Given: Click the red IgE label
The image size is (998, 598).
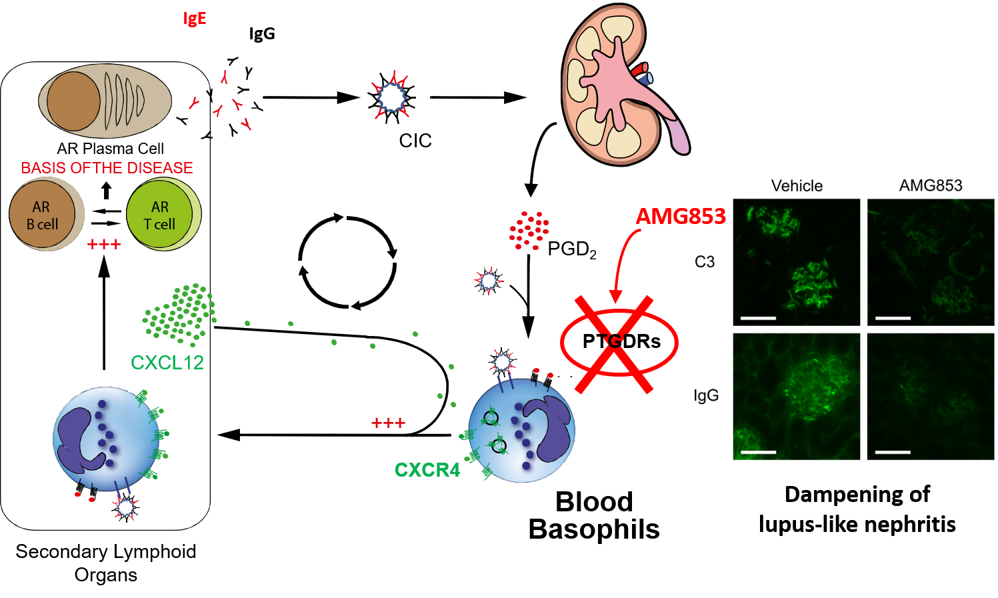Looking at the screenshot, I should point(195,18).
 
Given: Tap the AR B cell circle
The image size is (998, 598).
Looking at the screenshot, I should point(42,215).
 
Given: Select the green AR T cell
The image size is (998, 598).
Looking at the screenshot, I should point(160,215).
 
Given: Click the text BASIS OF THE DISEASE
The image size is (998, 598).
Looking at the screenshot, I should point(107,168).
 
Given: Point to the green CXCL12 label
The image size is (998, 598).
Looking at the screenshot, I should point(167,363).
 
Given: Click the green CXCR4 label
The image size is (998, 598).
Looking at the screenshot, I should point(427,470).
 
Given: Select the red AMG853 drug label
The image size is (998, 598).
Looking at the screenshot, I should point(680,217).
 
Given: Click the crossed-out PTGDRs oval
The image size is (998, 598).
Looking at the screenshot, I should point(620,342).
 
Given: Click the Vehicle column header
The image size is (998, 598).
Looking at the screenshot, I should point(797,186).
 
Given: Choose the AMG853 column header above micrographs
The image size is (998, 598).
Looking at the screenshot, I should point(931,185).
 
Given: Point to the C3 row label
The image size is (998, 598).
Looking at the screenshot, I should point(705,262).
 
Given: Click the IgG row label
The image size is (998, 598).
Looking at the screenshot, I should point(706,395).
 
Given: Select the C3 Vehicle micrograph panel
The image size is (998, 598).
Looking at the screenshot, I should point(797,262).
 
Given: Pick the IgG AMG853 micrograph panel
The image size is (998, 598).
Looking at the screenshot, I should point(931,396).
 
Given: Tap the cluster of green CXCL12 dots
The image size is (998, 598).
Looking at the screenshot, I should point(180,313).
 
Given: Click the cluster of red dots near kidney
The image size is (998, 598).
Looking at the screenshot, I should point(529,231).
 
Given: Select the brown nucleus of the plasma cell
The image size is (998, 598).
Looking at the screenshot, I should point(73,101).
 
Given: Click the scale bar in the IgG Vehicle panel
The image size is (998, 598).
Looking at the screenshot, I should point(758,452).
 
